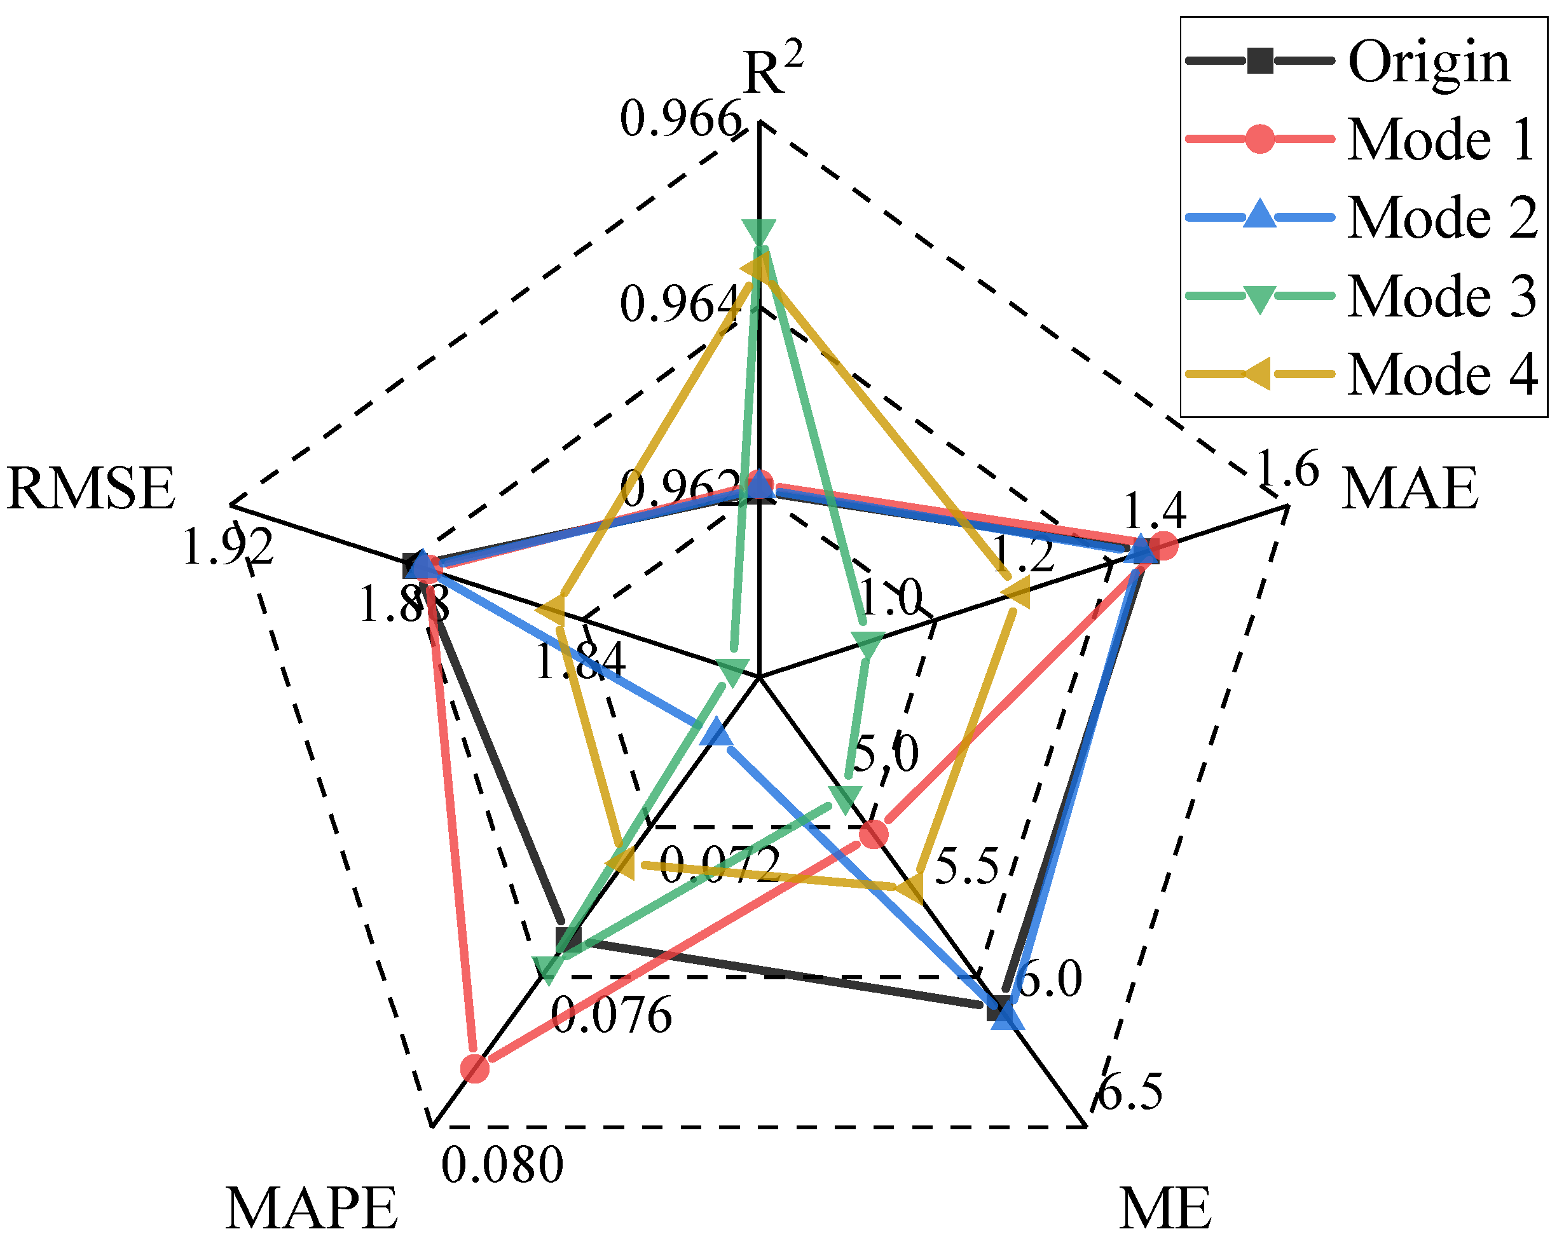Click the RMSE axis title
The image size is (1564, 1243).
coord(91,489)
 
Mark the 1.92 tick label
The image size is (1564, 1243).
coord(228,546)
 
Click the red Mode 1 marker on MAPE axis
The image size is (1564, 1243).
coord(475,1068)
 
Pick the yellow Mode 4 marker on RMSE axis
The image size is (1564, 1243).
coord(551,611)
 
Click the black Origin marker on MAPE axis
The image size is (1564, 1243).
coord(569,939)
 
